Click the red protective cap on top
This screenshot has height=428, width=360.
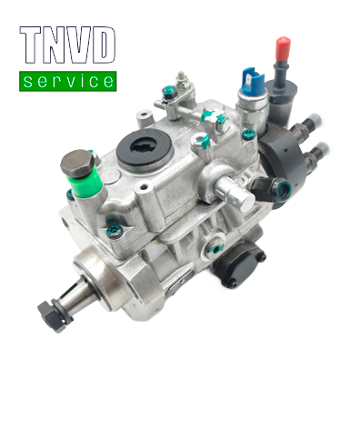pos(283,48)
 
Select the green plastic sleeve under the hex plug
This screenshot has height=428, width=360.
pos(85,181)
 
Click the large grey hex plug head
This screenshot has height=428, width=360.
pos(77,163)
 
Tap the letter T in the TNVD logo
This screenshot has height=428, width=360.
pos(30,45)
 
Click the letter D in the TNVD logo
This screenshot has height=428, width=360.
pos(104,45)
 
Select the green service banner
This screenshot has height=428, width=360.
pos(68,81)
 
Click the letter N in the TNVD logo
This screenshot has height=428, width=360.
pos(55,45)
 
